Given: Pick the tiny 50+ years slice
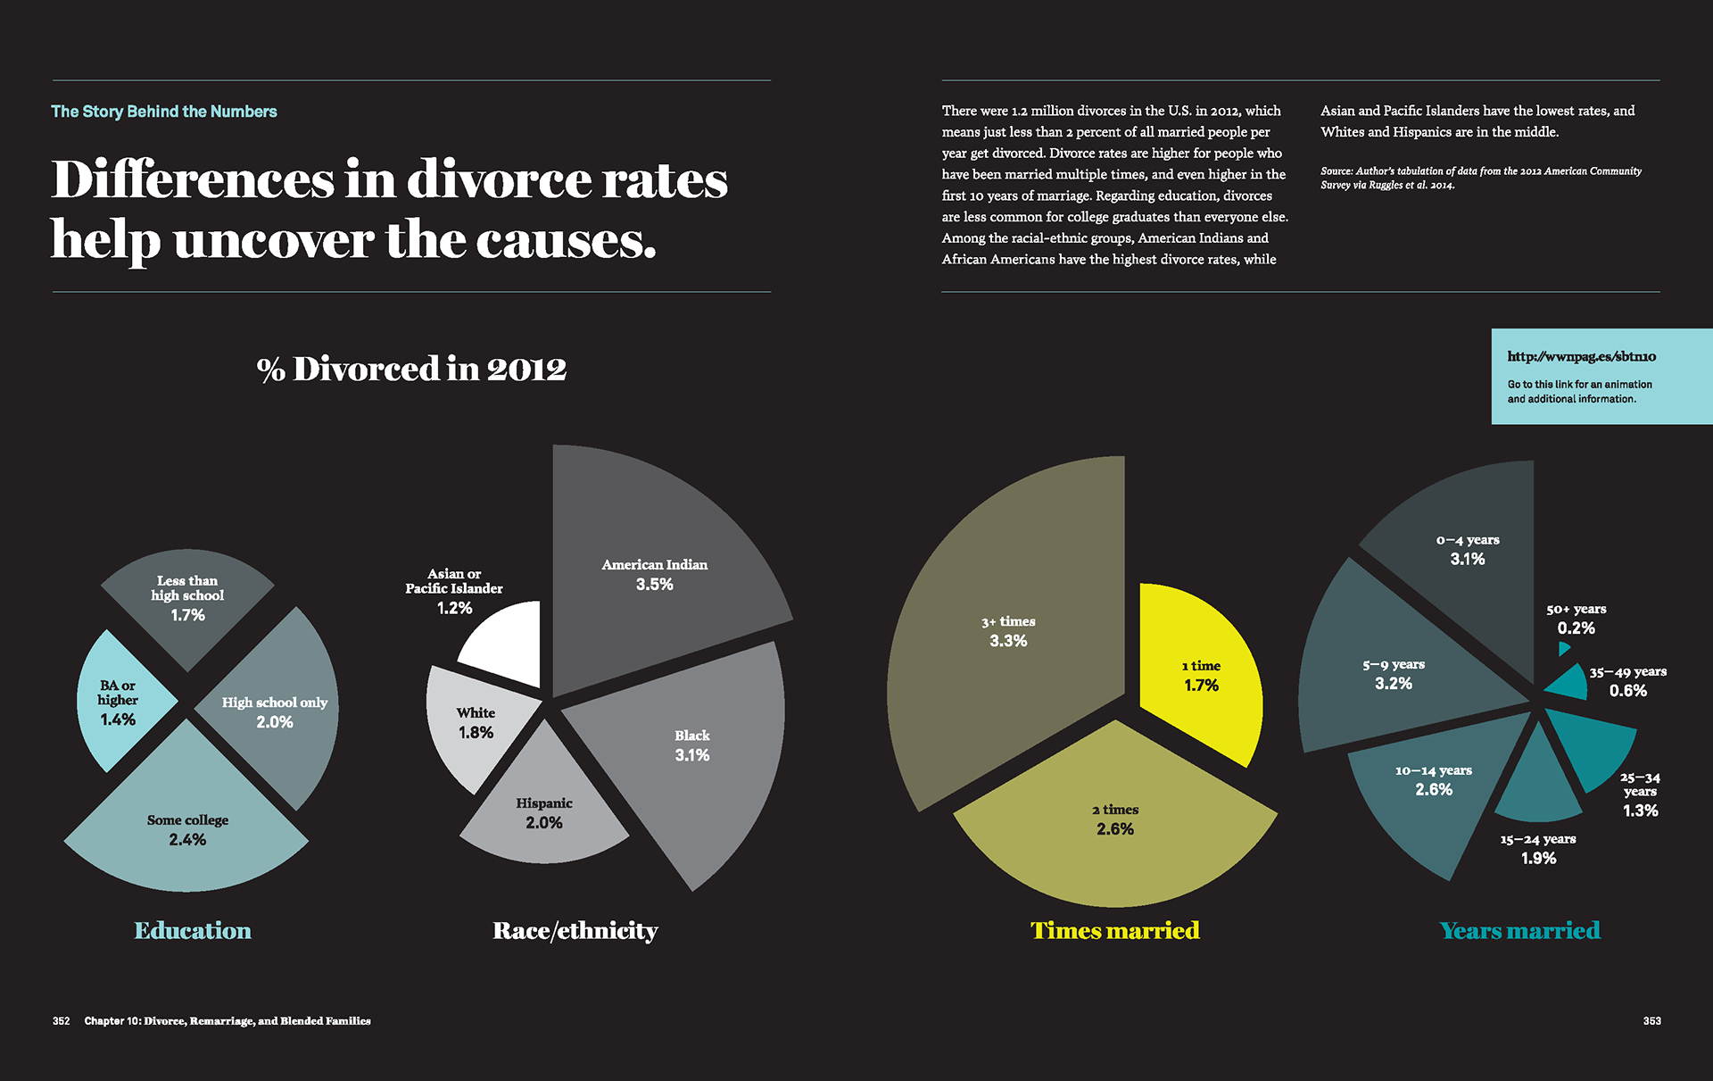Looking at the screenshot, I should coord(1562,648).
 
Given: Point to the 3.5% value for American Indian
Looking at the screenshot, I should coord(654,585).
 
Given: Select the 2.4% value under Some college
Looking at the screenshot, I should coord(187,840).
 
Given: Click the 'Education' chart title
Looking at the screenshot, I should coord(193,931).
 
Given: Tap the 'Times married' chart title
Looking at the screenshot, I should coord(1114,931).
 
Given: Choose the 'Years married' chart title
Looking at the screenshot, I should coord(1519,931).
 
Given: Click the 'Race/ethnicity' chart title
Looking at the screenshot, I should coord(575,931).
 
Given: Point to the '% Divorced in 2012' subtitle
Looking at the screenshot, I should coord(411,369).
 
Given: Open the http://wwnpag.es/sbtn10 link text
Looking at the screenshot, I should coord(1581,356).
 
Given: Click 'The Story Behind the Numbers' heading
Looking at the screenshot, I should coord(164,112).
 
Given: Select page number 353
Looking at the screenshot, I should coord(1651,1020).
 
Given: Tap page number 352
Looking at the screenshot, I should coord(61,1020).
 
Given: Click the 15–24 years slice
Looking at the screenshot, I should coord(1537,786).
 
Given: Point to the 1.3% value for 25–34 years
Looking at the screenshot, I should coord(1640,811).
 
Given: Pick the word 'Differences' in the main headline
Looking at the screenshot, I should coord(191,180).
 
